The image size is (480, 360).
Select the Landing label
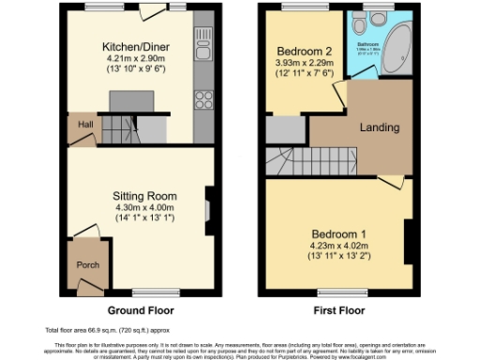[x=379, y=127]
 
